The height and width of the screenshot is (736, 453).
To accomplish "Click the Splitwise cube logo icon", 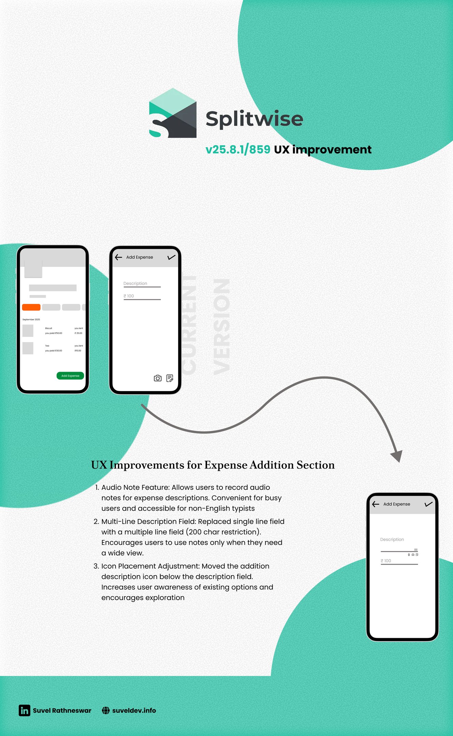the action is (173, 113).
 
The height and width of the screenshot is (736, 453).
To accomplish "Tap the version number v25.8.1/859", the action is (238, 150).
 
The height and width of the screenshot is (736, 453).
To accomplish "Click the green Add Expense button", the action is (70, 375).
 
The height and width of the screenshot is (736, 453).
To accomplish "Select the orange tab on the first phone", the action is (31, 307).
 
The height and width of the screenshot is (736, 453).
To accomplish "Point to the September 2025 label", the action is (31, 319).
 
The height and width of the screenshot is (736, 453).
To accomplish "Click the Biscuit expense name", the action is (48, 328).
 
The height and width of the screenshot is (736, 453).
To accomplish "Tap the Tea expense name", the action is (47, 346).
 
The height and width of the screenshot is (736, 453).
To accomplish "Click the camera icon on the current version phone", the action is (158, 378).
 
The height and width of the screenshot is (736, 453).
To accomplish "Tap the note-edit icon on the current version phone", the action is (170, 378).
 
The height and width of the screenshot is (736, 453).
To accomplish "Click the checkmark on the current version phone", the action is (171, 257).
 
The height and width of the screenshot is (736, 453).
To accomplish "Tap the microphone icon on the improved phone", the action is (409, 555).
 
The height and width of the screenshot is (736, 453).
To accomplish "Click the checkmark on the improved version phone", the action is (428, 504).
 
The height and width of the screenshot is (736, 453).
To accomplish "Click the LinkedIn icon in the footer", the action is (25, 710).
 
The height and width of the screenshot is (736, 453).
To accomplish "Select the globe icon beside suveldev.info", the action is (106, 710).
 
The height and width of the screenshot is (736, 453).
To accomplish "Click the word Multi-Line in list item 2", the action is (118, 521).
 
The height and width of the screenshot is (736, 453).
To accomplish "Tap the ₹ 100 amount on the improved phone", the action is (386, 561).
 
